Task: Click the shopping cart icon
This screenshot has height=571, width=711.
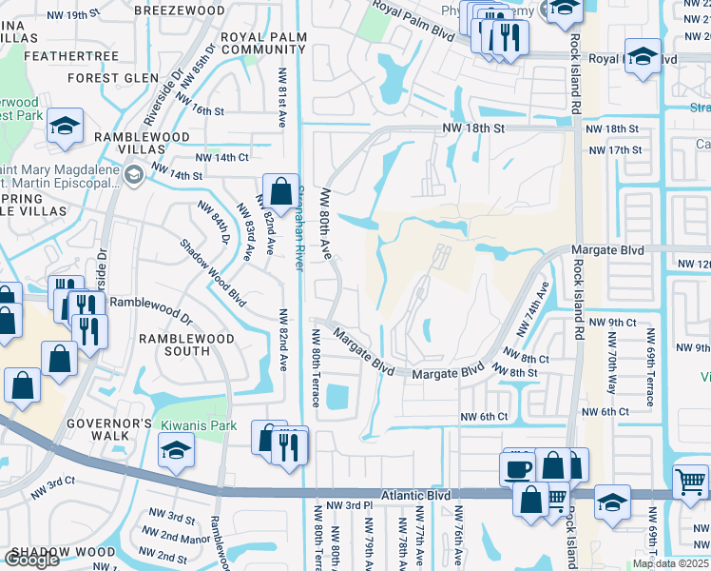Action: pos(690,481)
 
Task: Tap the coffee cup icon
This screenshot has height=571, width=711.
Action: pos(518,468)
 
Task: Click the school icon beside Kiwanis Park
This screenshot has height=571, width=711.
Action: pos(178,449)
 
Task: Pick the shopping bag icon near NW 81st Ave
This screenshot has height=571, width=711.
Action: pos(281,191)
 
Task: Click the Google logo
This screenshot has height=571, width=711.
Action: pos(31,560)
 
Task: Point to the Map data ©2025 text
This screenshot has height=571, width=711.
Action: pos(670,563)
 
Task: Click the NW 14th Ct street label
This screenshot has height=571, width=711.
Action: pos(221,157)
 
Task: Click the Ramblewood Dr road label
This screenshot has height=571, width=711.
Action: pos(151,303)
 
